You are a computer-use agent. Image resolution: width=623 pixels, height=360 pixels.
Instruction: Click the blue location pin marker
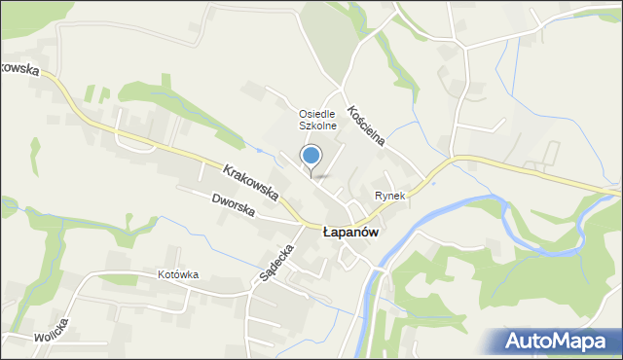pyautogui.click(x=311, y=156)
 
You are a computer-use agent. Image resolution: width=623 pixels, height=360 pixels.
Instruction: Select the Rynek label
pyautogui.click(x=389, y=196)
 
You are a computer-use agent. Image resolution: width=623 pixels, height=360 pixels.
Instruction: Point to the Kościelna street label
pyautogui.click(x=366, y=126)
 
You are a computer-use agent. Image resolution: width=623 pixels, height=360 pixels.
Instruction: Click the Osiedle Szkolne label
pyautogui.click(x=317, y=120)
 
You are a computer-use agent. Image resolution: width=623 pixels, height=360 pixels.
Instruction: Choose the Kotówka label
pyautogui.click(x=178, y=274)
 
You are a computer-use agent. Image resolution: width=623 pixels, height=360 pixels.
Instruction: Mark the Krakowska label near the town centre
pyautogui.click(x=251, y=183)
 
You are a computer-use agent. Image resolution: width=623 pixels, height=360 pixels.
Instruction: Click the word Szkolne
pyautogui.click(x=317, y=126)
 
